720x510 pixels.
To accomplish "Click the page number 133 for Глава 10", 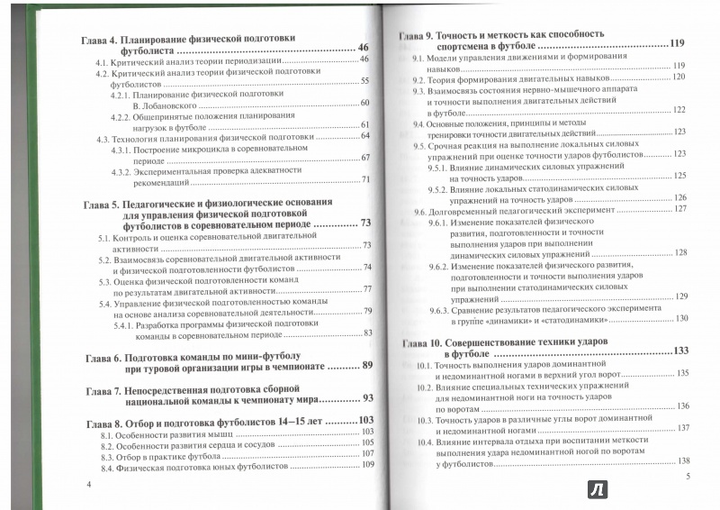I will [679, 351].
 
